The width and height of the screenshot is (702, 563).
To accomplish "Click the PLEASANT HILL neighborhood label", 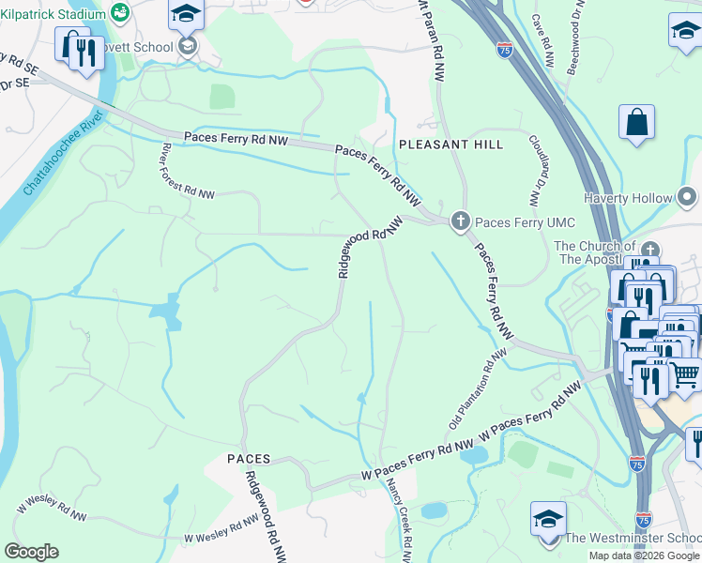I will tap(450, 145).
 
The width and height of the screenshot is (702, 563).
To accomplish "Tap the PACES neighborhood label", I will tap(249, 459).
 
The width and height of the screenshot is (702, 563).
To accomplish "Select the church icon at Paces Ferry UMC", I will tap(460, 221).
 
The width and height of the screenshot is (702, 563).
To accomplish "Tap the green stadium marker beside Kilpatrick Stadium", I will tap(119, 12).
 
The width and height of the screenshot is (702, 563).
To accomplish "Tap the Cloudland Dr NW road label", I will tap(537, 169).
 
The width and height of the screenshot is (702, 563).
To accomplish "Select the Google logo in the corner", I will tap(31, 552).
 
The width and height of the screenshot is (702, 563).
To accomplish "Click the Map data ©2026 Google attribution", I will tap(644, 555).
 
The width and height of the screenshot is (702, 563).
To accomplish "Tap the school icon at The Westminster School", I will tap(548, 519).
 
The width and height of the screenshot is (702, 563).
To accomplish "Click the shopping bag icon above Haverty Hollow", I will tap(636, 123).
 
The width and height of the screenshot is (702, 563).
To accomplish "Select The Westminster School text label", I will tap(633, 538).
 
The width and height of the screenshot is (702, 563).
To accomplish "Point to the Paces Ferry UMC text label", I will tap(512, 222).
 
